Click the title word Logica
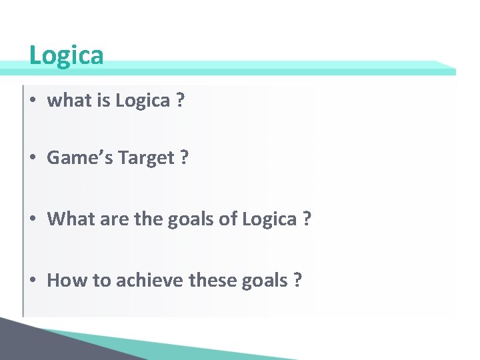point(67,55)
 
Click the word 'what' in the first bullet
point(64,101)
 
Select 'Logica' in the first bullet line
point(143,101)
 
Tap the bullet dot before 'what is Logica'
point(33,101)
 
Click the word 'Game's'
point(76,158)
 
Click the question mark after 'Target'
point(184,158)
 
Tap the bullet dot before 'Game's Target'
point(33,159)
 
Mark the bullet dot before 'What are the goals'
point(33,219)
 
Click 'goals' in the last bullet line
point(267,280)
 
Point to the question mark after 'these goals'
point(297,280)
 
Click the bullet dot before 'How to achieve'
point(33,281)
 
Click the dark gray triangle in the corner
point(27,343)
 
